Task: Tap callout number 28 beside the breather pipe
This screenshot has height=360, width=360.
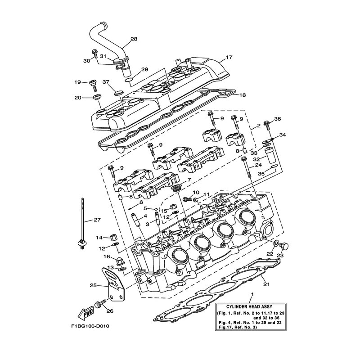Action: tap(134, 39)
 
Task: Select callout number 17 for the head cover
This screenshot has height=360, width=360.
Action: tap(229, 57)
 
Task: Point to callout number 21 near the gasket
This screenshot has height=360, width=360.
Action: tap(266, 284)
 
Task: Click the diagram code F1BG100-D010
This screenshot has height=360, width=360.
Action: tap(90, 326)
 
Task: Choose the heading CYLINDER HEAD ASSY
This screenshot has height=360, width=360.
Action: tap(249, 306)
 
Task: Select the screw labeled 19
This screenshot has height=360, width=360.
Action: tap(94, 85)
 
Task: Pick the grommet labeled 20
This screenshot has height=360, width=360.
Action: tap(97, 97)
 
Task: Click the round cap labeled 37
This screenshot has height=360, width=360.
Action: tap(119, 93)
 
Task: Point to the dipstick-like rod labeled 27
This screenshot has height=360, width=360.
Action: tap(82, 224)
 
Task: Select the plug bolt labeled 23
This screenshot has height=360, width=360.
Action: tap(284, 246)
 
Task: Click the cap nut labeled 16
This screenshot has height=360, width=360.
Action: tap(120, 261)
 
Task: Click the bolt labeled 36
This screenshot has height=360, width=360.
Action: tap(267, 125)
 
